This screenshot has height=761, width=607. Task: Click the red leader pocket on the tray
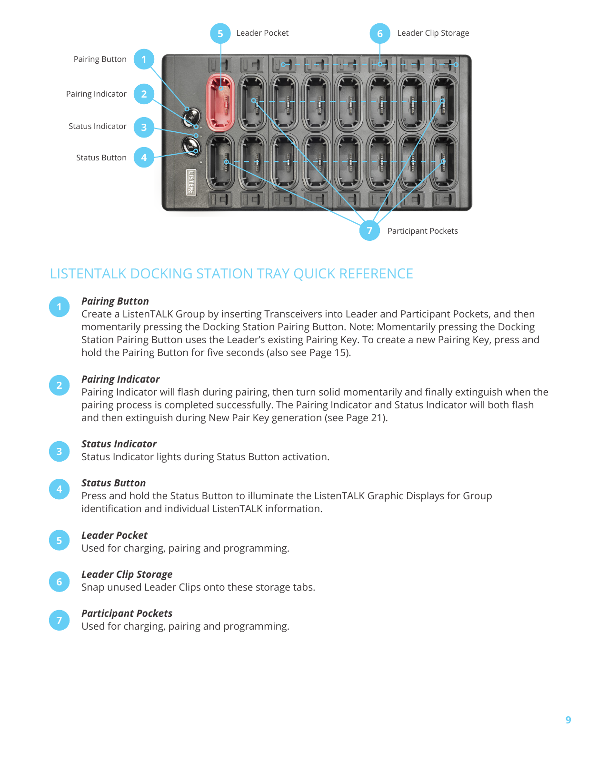click(220, 103)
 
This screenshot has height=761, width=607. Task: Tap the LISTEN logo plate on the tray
click(191, 182)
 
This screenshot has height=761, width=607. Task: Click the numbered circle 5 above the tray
click(220, 34)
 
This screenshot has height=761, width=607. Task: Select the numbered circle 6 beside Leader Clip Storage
click(380, 34)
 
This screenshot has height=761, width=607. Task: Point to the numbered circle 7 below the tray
click(369, 231)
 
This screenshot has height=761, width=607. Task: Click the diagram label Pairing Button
click(100, 59)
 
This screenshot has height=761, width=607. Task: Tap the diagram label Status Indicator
click(97, 127)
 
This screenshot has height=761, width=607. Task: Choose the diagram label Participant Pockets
click(422, 231)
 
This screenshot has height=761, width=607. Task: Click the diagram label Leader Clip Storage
click(433, 33)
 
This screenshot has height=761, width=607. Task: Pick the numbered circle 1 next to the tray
click(144, 59)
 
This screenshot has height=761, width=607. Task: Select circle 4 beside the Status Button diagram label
click(144, 158)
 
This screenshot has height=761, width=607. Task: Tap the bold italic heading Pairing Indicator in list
click(120, 379)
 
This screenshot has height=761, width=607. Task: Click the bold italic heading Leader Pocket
click(114, 535)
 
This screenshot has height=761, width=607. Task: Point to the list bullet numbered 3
click(60, 451)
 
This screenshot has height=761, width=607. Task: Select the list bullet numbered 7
click(60, 620)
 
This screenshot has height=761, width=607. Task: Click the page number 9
click(568, 720)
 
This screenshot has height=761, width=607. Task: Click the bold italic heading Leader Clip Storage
click(127, 574)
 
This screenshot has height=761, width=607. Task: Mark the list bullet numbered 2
click(60, 385)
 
